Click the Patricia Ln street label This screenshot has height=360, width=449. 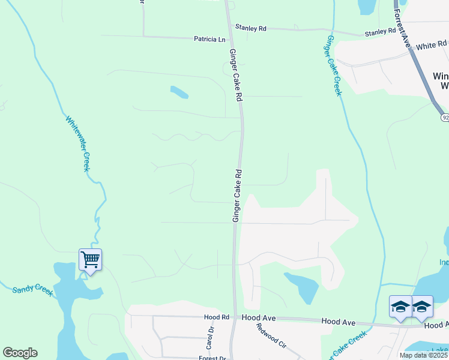click(209, 39)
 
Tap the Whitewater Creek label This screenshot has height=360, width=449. click(77, 143)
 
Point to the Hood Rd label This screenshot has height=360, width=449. click(217, 317)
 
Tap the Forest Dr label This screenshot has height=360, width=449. click(212, 358)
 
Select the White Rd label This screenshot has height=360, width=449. click(432, 45)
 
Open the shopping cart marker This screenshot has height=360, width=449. click(90, 260)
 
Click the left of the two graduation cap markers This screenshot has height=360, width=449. click(400, 307)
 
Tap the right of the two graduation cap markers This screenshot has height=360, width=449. click(422, 307)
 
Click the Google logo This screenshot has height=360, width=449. click(20, 353)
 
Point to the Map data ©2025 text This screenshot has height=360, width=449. click(423, 355)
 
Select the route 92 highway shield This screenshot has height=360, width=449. click(444, 118)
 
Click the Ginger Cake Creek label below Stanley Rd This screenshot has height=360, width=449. click(333, 65)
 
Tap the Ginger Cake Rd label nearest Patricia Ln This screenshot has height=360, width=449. click(236, 75)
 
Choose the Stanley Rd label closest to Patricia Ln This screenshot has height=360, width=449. click(251, 28)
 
